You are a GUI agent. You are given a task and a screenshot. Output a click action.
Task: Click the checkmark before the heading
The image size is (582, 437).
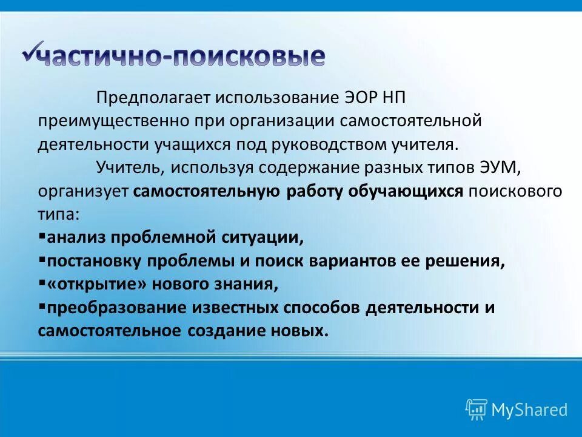click(30, 51)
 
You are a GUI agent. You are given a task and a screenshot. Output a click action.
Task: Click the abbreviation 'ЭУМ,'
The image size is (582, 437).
click(494, 168)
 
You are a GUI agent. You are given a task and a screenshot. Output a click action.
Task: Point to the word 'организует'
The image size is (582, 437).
click(83, 191)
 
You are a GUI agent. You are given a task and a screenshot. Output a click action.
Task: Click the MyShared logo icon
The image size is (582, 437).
click(476, 409)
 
